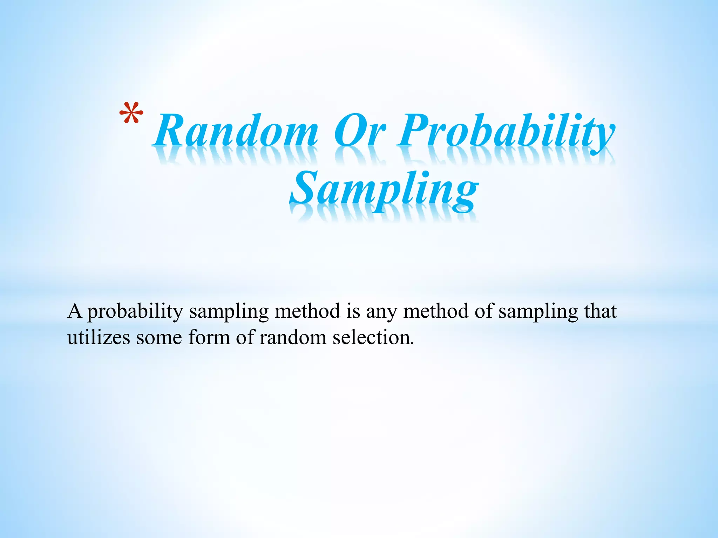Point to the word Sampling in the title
(x=384, y=191)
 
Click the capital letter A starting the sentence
(x=75, y=311)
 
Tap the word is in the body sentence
(x=353, y=311)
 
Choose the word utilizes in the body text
(x=99, y=338)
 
